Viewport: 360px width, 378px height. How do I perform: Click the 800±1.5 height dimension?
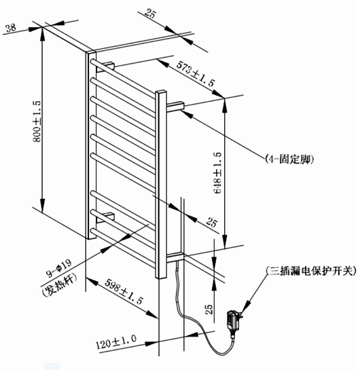point(37,121)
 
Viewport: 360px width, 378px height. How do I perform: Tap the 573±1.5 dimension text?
point(195,73)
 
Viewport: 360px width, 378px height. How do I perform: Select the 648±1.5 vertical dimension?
point(217,172)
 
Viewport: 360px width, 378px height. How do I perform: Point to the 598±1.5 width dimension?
point(124,292)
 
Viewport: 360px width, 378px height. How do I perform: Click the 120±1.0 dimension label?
point(116,341)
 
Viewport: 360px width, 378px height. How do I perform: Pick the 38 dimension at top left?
point(11,27)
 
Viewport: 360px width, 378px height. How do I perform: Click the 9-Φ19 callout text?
point(59,268)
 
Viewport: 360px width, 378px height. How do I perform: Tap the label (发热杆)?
point(59,284)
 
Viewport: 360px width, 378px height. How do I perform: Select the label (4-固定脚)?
point(289,159)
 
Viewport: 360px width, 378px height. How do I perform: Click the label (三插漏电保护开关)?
point(311,271)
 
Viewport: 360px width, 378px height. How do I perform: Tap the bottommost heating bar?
point(123,248)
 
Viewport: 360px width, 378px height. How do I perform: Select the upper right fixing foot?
point(175,107)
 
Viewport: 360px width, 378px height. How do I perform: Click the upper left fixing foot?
point(105,67)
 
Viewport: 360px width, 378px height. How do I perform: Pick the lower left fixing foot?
point(105,217)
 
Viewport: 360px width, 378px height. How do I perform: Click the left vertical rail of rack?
point(91,145)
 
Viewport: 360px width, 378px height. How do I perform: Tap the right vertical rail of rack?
point(161,185)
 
